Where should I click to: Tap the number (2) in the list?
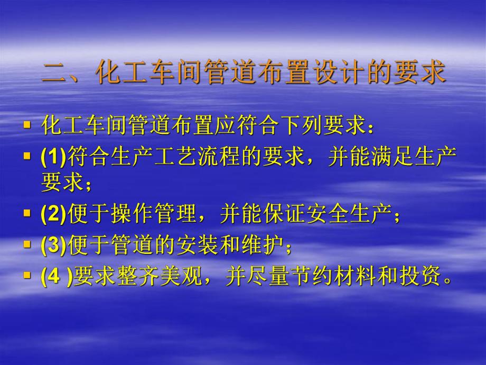[x=53, y=214]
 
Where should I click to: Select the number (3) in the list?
[x=53, y=245]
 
